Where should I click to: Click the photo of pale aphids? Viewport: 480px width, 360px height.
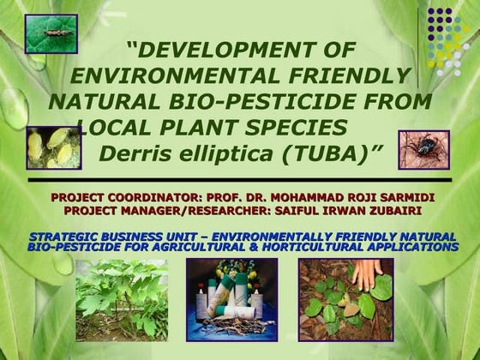[53, 147]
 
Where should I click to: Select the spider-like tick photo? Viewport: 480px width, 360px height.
[423, 151]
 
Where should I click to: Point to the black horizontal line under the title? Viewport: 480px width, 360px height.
[239, 181]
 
